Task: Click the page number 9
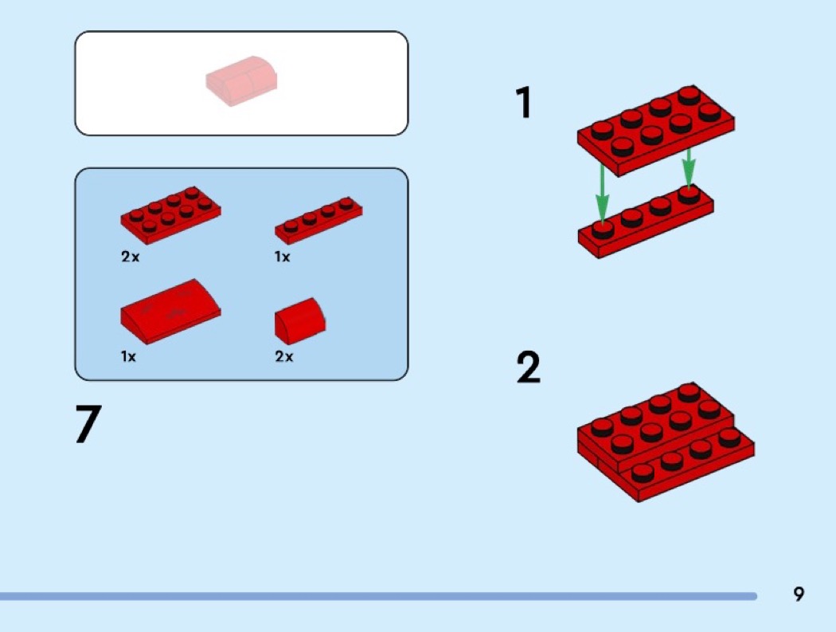tap(798, 594)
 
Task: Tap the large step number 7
tap(88, 423)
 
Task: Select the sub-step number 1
tap(524, 103)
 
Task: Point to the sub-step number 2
tap(529, 367)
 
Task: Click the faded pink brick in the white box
tap(241, 81)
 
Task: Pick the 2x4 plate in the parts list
tap(170, 214)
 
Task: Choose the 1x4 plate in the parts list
tap(318, 220)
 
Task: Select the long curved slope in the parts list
tap(170, 311)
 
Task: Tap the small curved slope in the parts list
tap(300, 321)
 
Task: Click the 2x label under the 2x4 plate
tap(130, 257)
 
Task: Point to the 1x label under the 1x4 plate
tap(282, 257)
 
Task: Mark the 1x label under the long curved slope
tap(128, 356)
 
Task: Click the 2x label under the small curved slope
tap(284, 356)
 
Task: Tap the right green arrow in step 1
tap(689, 167)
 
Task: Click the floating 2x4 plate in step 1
tap(656, 130)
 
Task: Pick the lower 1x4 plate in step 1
tap(646, 222)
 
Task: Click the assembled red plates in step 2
tap(666, 442)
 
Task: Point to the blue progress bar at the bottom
tap(378, 595)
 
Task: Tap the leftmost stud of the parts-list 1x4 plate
tap(291, 226)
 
